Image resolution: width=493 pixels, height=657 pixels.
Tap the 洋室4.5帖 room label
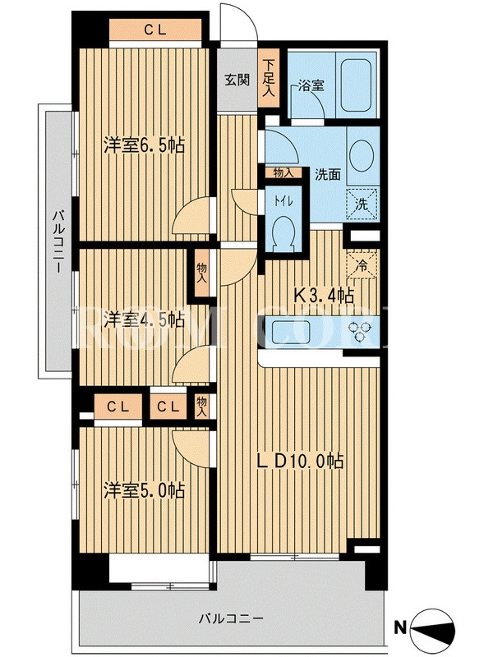point(145,320)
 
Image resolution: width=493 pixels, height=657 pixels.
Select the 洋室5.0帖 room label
point(145,490)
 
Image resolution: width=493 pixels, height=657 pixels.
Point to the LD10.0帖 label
point(300,461)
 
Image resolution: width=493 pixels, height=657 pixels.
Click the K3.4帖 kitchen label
point(324,296)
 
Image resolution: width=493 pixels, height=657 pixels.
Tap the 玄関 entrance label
point(237,79)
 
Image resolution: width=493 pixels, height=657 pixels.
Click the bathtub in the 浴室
point(356,85)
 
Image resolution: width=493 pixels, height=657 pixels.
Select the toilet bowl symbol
point(283,232)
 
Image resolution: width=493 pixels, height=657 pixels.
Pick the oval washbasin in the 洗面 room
point(362,154)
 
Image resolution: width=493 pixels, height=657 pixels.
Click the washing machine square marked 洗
point(362,204)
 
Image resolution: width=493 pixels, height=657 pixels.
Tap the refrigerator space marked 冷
point(362,264)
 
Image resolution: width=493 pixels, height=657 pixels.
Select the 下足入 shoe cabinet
point(269,79)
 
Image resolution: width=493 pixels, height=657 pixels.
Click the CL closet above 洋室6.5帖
point(155,30)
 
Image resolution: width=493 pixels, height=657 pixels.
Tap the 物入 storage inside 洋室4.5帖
point(202,273)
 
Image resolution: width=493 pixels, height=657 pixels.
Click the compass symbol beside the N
point(433,628)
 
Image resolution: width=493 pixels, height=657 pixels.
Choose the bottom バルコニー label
point(232,618)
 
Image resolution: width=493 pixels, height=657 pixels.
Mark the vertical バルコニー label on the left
point(58,243)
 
